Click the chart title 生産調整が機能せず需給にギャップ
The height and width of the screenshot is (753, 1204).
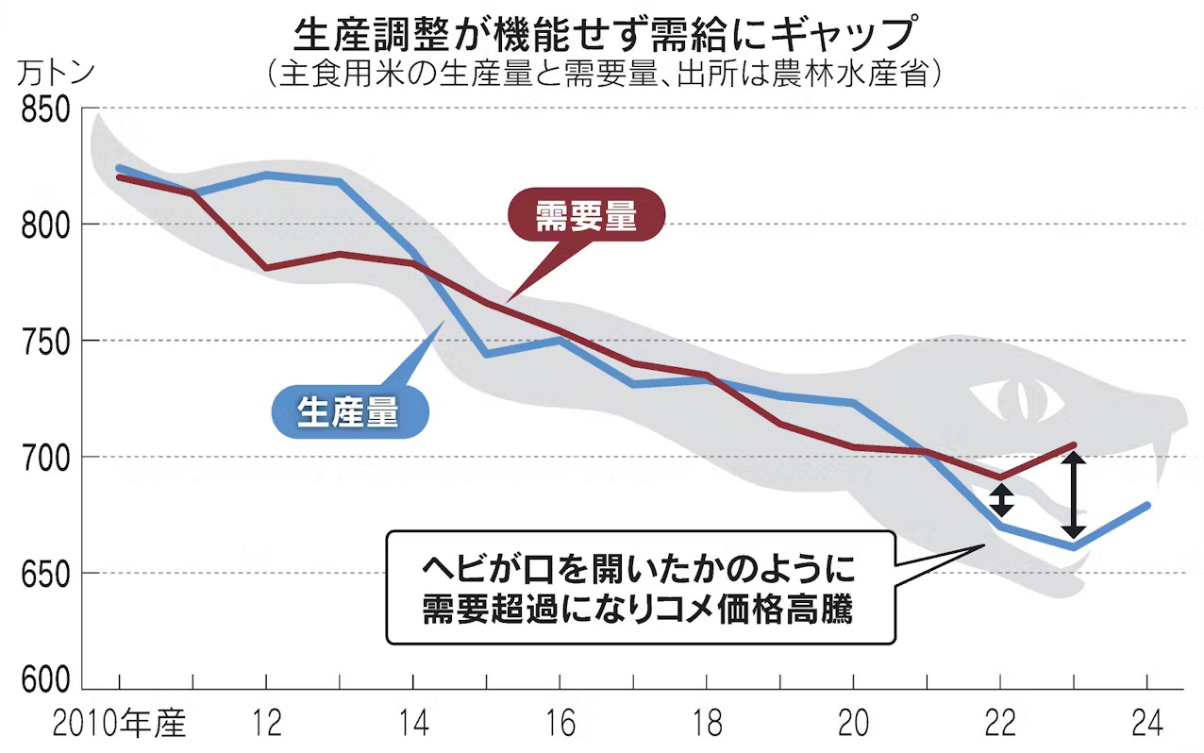click(604, 35)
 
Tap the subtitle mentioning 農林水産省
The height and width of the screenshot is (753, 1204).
click(604, 75)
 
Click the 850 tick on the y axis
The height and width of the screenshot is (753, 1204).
click(45, 111)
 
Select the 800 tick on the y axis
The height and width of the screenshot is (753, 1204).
click(45, 225)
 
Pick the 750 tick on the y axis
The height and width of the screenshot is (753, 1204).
click(45, 341)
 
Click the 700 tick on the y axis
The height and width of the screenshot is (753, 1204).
click(45, 457)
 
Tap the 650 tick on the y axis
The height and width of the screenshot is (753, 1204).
click(45, 573)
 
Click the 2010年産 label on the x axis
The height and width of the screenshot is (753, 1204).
click(121, 726)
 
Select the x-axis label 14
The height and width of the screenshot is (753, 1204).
click(414, 726)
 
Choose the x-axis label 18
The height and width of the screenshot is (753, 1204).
click(707, 726)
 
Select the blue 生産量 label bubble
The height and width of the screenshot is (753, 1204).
click(348, 413)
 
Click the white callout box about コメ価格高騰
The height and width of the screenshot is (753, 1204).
click(639, 587)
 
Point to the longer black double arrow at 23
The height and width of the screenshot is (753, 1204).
click(1073, 495)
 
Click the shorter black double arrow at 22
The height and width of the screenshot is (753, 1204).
click(1001, 500)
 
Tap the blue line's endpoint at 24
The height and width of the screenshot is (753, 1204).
click(1146, 505)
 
